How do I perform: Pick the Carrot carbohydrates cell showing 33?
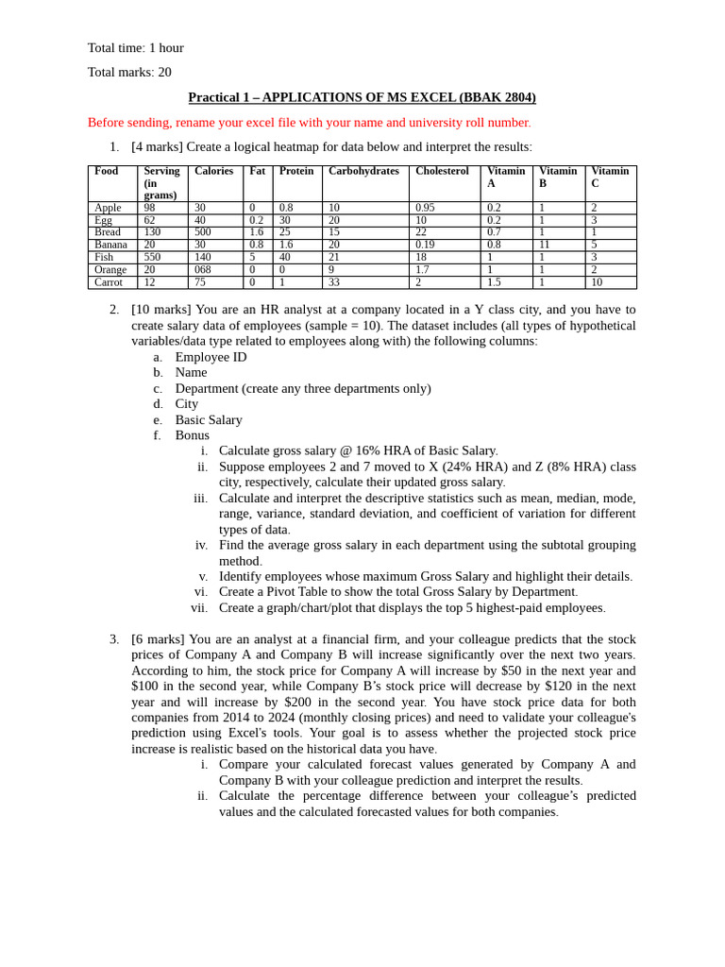334,282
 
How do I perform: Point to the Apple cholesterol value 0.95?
425,208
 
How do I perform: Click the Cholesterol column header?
442,172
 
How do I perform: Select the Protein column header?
296,172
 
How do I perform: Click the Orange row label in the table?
110,270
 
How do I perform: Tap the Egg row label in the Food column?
103,220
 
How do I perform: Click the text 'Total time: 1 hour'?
136,48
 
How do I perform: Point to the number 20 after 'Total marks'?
164,73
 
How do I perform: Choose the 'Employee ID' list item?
211,357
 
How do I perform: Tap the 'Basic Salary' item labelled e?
209,420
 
